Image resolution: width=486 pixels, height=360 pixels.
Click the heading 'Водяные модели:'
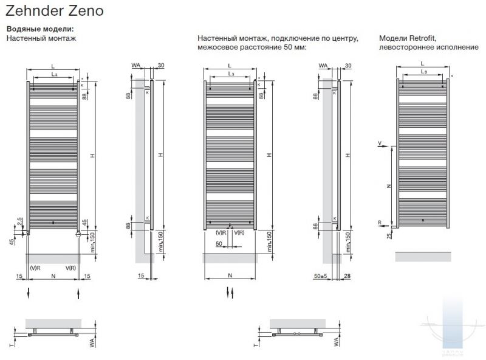pyautogui.click(x=40, y=29)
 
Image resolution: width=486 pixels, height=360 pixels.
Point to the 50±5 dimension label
pyautogui.click(x=320, y=276)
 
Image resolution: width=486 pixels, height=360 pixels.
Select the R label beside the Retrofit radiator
pyautogui.click(x=380, y=223)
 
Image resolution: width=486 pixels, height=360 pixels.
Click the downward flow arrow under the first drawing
pyautogui.click(x=29, y=294)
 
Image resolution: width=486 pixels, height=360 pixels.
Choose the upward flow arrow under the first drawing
pyautogui.click(x=79, y=294)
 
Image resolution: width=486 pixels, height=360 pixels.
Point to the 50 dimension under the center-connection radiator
pyautogui.click(x=219, y=243)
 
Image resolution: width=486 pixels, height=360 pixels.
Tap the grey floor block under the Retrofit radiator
pyautogui.click(x=423, y=256)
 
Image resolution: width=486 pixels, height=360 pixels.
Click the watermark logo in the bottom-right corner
pyautogui.click(x=453, y=328)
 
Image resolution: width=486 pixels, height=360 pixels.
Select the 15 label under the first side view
pyautogui.click(x=140, y=276)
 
